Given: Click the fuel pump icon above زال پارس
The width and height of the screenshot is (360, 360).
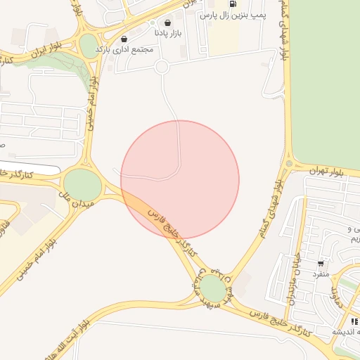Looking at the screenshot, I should [x=232, y=4].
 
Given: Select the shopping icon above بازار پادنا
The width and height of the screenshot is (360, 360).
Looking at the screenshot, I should [x=167, y=22].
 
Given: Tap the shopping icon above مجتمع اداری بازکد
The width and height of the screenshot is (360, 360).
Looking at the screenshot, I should [x=124, y=39].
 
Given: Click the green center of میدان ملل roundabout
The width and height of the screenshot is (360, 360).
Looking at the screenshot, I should [x=83, y=184].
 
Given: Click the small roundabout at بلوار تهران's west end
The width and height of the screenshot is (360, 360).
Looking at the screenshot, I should [x=289, y=165].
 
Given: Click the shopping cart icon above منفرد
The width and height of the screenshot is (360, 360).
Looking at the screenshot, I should [x=321, y=263].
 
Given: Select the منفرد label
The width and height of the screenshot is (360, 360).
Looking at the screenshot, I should [x=321, y=274].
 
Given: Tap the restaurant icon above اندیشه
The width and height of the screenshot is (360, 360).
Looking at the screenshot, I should [x=354, y=321].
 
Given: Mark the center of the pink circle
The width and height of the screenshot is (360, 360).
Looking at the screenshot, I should [x=180, y=179].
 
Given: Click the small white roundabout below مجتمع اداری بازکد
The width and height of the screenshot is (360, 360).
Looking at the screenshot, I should [x=162, y=67].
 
